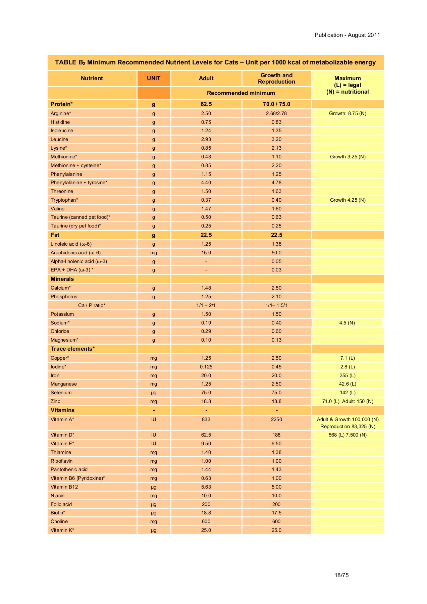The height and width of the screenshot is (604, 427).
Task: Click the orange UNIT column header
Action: coord(154,78)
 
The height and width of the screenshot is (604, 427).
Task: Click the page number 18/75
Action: coord(341,575)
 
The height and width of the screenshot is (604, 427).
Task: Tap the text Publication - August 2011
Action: coord(347,35)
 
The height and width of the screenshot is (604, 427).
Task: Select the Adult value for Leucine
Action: coord(206,139)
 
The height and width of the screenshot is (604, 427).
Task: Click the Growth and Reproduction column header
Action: coord(276,79)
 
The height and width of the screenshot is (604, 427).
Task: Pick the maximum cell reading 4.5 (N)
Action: coord(347,323)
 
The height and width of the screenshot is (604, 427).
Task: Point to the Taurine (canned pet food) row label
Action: coord(80,217)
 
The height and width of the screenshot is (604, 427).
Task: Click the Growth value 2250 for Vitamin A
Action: coord(276,419)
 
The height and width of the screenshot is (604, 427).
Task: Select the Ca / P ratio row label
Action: coord(92,305)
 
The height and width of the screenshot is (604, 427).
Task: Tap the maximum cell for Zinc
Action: coord(348,401)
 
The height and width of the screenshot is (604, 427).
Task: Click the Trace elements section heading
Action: coord(72,349)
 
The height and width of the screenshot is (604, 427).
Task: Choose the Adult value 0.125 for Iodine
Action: coord(206,367)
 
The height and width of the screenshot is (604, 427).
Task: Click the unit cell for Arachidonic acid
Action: coord(154,253)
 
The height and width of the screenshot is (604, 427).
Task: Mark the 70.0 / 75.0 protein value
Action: coord(276,104)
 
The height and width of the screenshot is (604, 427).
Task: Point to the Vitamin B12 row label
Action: coord(64,487)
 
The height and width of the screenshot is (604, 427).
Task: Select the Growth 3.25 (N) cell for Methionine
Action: coord(348,157)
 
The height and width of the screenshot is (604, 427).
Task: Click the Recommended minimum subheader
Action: coord(241,93)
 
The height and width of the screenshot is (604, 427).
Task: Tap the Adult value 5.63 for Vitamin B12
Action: coord(206,487)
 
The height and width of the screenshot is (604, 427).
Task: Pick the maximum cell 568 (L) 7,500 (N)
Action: coord(348,435)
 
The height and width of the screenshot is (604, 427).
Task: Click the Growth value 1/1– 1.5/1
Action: coord(276,305)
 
